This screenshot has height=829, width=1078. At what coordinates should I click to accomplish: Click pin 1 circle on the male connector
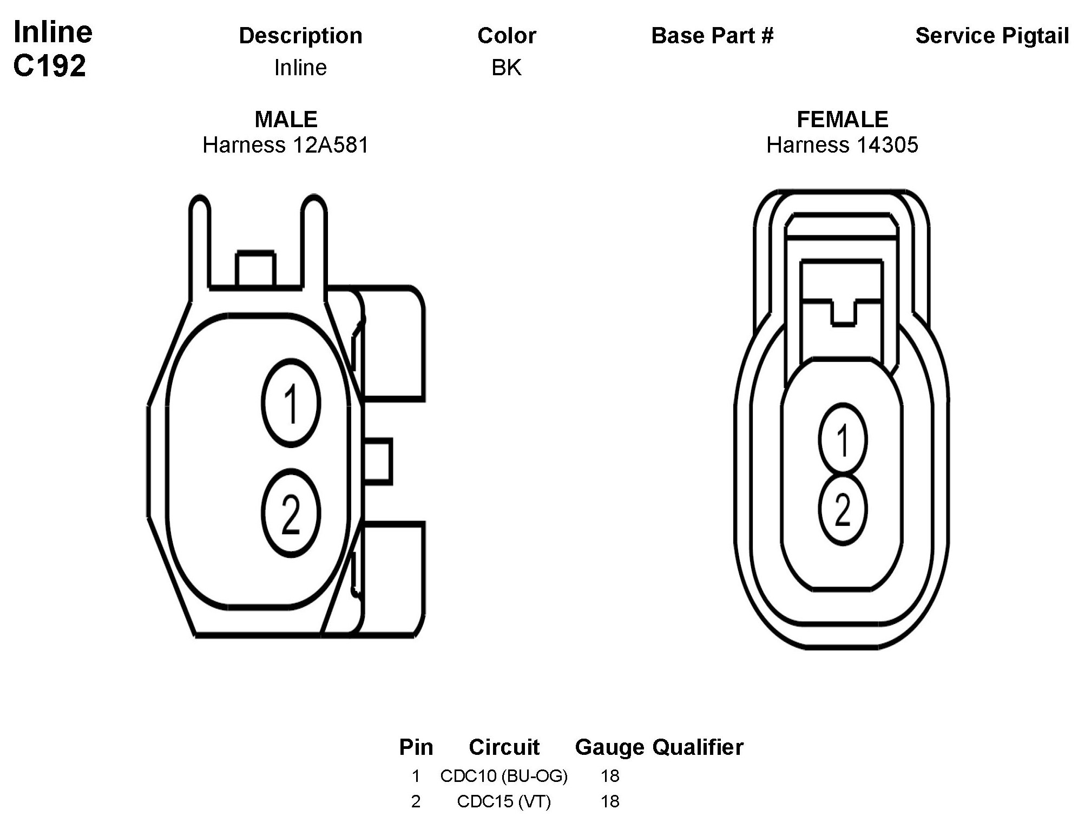click(x=291, y=403)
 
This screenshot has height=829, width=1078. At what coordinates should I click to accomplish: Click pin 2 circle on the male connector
click(x=291, y=513)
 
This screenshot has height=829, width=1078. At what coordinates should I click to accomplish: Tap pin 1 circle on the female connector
click(x=843, y=440)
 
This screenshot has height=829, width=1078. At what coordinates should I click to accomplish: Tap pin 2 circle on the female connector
click(x=843, y=509)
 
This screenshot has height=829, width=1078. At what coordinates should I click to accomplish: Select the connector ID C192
click(x=50, y=66)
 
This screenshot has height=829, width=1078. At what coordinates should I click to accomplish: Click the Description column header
click(x=300, y=36)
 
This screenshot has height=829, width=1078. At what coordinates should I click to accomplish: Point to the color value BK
click(x=507, y=68)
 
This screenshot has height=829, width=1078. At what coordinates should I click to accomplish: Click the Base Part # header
click(x=712, y=36)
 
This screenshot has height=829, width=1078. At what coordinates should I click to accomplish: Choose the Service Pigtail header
click(x=992, y=36)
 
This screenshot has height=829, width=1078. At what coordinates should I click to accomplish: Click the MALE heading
click(x=286, y=119)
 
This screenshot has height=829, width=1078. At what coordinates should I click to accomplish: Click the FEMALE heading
click(x=843, y=119)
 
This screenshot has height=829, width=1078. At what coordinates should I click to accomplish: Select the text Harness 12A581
click(x=286, y=145)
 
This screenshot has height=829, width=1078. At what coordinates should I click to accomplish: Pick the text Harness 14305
click(x=843, y=145)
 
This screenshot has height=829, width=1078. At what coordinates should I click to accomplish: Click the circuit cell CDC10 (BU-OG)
click(x=504, y=776)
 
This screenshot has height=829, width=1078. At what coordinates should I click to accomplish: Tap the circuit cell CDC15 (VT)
click(x=504, y=801)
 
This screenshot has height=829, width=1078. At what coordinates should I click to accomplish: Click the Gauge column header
click(x=609, y=747)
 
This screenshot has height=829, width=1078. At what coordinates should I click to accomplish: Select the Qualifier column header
click(x=698, y=747)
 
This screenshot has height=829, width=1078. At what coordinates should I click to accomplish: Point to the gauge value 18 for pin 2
click(x=610, y=801)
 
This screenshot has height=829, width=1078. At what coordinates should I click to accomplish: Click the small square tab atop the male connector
click(x=255, y=268)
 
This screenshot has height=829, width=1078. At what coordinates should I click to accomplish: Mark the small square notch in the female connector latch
click(x=843, y=313)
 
